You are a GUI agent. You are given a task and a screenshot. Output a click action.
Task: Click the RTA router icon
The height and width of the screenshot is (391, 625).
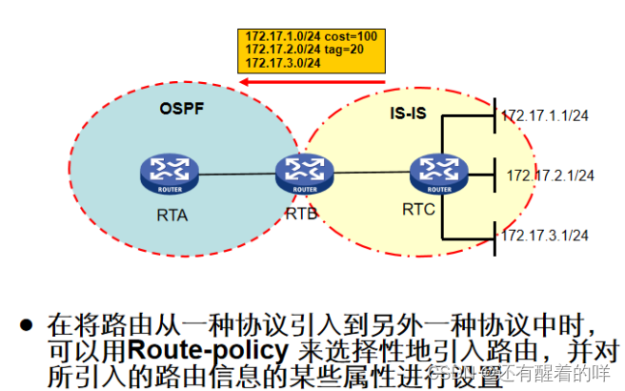168,173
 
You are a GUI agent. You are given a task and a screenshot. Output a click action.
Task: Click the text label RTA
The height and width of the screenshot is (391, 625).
172,215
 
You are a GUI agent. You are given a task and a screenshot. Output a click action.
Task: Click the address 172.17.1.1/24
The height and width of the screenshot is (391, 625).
547,115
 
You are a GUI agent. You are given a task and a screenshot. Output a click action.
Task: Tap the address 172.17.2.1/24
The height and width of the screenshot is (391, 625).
551,175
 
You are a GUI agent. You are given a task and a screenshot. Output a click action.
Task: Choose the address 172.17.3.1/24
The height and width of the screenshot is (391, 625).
547,234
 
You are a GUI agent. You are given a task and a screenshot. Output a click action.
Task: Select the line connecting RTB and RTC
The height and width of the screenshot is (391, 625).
371,173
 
